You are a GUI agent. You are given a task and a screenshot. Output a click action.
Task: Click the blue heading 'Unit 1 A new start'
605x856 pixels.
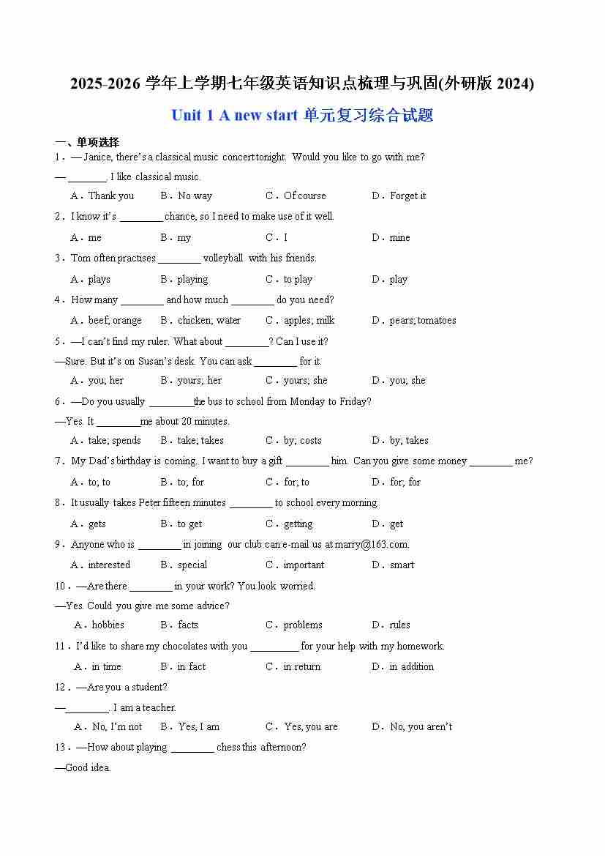point(234,116)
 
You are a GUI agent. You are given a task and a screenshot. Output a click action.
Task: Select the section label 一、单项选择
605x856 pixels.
point(87,142)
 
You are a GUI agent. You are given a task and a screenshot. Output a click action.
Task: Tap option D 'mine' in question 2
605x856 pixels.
point(399,237)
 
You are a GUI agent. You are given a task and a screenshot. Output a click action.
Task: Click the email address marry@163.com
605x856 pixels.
point(372,544)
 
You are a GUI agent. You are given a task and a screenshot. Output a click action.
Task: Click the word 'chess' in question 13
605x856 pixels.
point(229,747)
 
